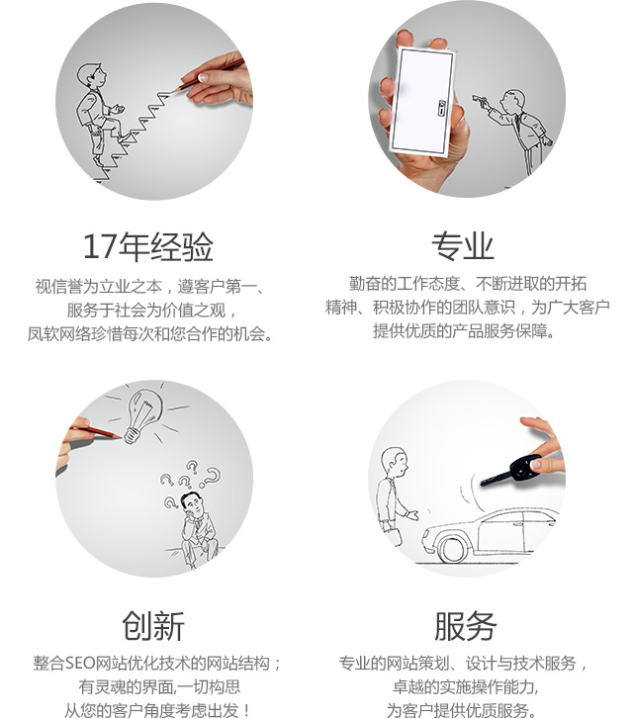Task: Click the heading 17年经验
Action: (x=148, y=246)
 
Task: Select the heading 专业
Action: (x=462, y=246)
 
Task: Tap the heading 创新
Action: (x=153, y=625)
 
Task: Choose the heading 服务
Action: (x=465, y=626)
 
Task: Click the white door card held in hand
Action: (x=423, y=100)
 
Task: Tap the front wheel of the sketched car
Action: (x=452, y=549)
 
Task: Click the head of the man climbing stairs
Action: (x=90, y=76)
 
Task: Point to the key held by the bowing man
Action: (x=480, y=100)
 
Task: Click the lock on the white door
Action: (x=442, y=108)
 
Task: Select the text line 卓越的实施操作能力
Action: (x=466, y=687)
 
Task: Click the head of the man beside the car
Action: (x=395, y=462)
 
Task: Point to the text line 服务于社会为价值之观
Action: (x=152, y=310)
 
